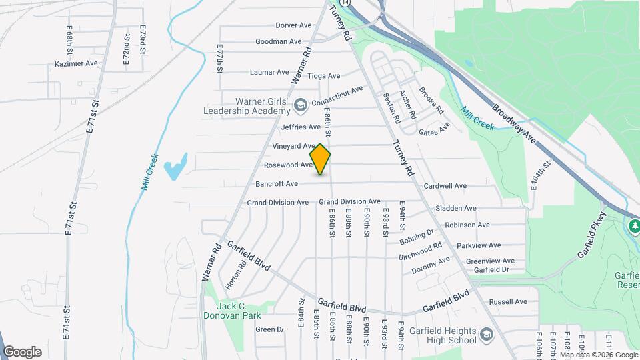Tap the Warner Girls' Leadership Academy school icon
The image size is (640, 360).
(301, 105)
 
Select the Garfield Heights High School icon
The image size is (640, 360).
(487, 333)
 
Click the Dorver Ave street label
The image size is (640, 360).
(293, 25)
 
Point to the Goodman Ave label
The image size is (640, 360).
(279, 41)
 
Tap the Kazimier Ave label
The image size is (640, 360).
(76, 64)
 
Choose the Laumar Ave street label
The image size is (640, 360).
(269, 72)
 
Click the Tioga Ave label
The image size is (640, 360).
(324, 76)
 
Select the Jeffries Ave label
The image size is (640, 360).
(301, 127)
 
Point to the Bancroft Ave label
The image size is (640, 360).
(277, 183)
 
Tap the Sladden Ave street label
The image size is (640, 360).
(455, 209)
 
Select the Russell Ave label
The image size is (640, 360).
(508, 301)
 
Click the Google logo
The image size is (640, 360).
(22, 351)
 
